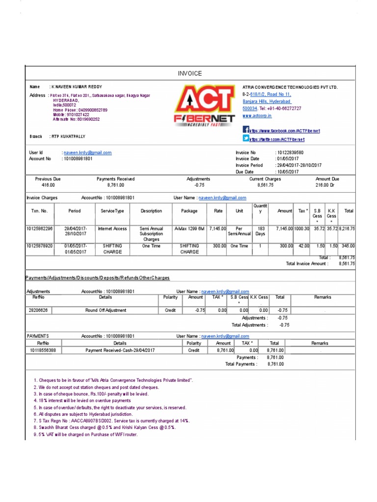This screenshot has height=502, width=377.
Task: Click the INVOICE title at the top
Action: coord(189,74)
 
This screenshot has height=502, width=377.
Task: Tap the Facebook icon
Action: coord(246,129)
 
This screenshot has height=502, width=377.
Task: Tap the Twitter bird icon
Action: coord(246,139)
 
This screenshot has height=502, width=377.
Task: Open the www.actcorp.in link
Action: coord(257,116)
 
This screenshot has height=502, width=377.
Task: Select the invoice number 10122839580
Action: coord(290,152)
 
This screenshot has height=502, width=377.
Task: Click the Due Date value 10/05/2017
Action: coord(287,172)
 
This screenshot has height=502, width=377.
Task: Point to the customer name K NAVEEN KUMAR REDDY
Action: coord(77,87)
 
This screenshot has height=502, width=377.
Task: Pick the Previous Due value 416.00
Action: coord(48,186)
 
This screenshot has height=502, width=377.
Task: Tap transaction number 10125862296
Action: coord(40,228)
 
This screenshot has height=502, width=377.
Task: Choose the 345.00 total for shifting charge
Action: coord(348,246)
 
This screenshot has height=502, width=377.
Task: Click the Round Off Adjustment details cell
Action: coord(106,310)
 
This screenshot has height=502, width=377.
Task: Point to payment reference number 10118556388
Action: coord(43,351)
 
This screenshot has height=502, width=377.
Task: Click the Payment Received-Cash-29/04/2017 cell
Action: coord(120,351)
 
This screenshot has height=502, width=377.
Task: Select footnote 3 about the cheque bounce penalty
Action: coord(91,394)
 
